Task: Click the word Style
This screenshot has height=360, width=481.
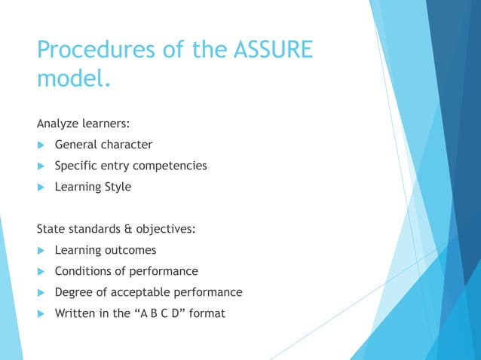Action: (x=116, y=187)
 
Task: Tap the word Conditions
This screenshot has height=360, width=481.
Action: (x=82, y=270)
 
